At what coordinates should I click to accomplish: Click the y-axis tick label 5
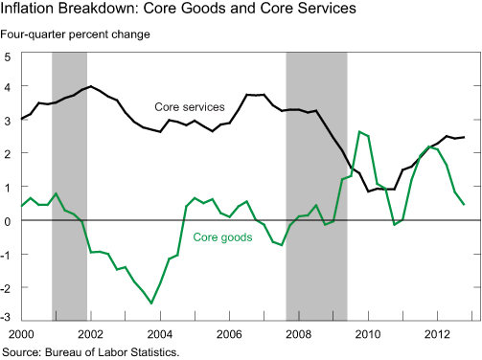(x=8, y=56)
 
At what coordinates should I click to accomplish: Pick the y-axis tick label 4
(x=8, y=86)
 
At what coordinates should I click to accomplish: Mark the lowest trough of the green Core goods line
(x=151, y=303)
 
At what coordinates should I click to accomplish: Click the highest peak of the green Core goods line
(x=358, y=132)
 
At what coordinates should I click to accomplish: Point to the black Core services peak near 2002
(x=90, y=86)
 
